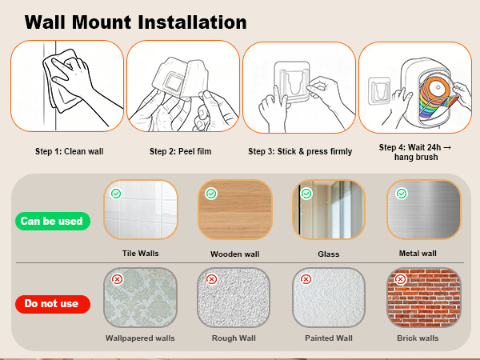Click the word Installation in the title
point(192,22)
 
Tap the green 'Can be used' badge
point(53,221)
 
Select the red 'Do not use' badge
point(53,304)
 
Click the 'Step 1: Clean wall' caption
point(69,151)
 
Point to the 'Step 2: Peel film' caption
point(180,151)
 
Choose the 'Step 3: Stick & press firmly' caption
point(300,151)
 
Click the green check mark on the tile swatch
point(116,194)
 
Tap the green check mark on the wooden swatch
point(211,194)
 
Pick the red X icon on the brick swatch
point(401,279)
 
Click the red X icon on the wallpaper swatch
point(117,279)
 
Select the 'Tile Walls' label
point(141,253)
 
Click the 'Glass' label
point(329,254)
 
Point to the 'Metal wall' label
point(418,253)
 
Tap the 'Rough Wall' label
point(234,338)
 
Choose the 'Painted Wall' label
point(329,338)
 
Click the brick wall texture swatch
point(424,298)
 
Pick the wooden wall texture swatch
point(235,210)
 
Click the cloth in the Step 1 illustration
point(62,80)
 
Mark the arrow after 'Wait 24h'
point(447,147)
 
